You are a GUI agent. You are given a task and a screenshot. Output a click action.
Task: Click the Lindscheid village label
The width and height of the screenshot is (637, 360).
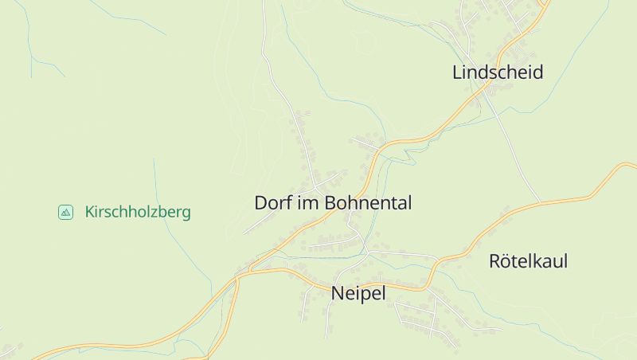498,72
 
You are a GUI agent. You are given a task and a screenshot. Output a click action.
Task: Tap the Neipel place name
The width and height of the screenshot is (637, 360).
358,294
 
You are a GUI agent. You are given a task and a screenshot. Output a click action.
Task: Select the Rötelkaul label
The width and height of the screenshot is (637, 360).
528,261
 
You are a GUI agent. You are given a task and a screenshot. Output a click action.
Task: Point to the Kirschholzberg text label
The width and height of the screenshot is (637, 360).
138,213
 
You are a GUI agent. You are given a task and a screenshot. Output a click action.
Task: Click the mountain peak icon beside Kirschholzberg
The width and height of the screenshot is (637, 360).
65,212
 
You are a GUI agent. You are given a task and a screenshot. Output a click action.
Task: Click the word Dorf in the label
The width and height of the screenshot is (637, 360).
273,203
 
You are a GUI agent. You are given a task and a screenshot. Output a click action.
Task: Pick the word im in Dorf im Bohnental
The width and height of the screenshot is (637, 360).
307,203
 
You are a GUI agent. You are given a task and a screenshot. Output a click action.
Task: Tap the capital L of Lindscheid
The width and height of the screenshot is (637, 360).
457,72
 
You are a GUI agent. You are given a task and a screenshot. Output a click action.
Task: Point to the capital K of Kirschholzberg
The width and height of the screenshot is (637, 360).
89,213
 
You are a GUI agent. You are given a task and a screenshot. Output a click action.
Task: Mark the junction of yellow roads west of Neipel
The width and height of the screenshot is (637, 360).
238,277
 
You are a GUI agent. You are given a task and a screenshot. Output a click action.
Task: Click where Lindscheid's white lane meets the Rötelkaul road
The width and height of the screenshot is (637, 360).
540,202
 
